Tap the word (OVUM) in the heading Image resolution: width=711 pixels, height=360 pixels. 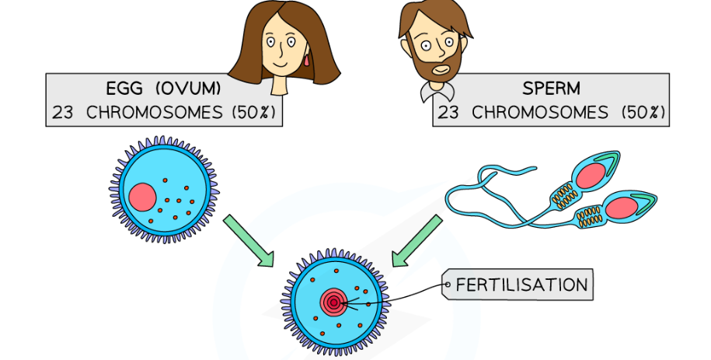click(x=193, y=87)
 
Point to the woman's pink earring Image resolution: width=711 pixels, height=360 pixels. click(x=307, y=59)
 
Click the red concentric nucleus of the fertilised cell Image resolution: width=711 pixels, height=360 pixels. click(x=334, y=301)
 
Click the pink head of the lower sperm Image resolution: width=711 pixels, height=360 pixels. click(x=622, y=208)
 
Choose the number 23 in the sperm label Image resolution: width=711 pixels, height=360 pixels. click(x=449, y=112)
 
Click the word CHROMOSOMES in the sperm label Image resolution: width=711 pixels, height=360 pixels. click(x=540, y=112)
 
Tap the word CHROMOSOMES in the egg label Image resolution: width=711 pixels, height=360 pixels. click(x=155, y=112)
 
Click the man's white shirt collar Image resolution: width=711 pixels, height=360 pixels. click(x=432, y=93)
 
